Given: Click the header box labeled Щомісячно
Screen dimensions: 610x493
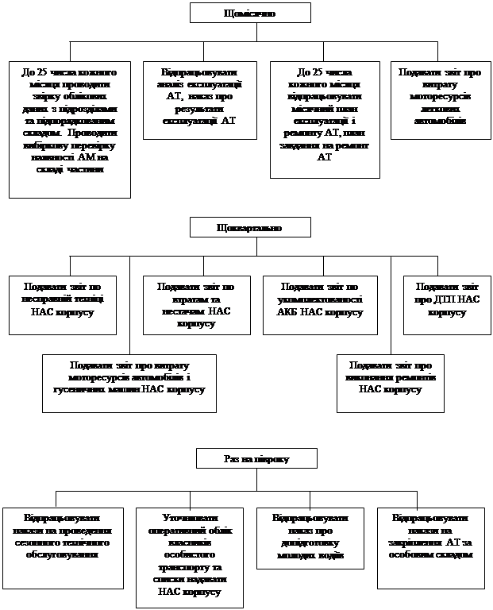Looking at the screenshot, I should coord(245,13).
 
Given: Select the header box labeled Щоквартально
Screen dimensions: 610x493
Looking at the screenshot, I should coord(248,228).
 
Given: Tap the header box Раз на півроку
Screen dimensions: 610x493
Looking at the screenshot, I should coord(256,459).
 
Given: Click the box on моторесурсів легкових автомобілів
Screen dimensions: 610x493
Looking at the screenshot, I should coord(439,99).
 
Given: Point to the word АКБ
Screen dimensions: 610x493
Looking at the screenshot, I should coord(295,312).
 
